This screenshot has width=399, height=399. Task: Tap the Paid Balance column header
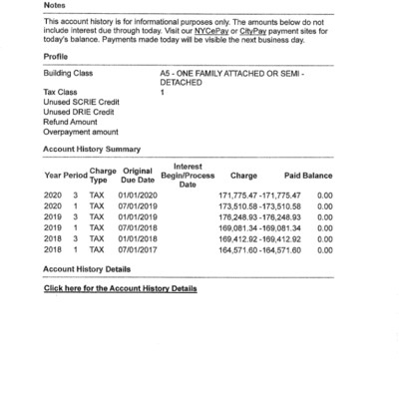(308, 176)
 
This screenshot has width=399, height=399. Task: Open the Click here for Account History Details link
(120, 288)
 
